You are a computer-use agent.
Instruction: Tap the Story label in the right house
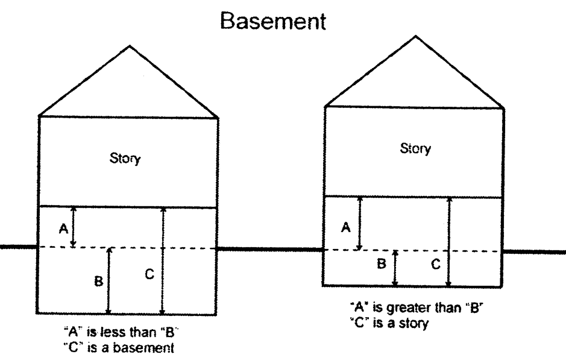415,148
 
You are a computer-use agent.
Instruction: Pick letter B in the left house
98,281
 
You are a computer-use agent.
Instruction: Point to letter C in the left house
149,274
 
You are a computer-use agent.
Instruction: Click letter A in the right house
345,227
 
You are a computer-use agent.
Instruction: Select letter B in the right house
382,264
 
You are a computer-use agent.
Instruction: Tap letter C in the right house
436,264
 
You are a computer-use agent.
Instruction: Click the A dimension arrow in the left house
74,227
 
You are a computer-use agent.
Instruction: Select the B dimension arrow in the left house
109,280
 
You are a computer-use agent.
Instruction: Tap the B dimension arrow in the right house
395,268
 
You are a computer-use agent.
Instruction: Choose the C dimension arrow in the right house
449,241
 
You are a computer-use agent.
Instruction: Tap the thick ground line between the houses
270,248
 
